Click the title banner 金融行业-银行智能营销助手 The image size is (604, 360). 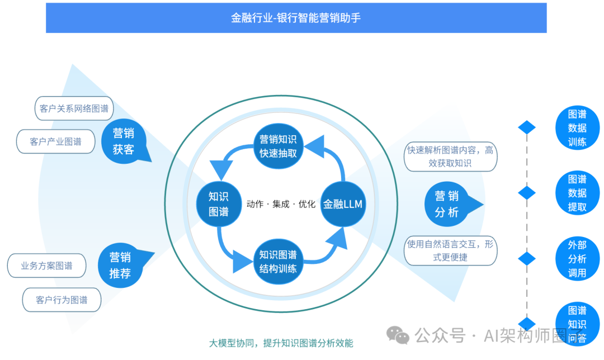point(296,18)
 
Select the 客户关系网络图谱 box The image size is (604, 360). point(74,108)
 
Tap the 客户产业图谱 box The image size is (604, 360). point(55,141)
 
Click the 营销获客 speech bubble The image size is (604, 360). point(124,141)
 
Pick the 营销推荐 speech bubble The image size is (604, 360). point(120,265)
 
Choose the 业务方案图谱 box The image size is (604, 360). point(46,266)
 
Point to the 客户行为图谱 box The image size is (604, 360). point(62,300)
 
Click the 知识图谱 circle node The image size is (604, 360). point(219,203)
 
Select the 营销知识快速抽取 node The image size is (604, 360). point(278,145)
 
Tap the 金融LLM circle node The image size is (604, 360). point(343,204)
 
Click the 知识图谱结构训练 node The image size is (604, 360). point(278,261)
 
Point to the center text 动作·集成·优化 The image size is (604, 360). point(281,204)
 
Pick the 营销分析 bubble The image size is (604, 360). point(447,203)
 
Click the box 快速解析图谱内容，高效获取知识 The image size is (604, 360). point(450,157)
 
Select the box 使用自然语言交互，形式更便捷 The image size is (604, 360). point(450,250)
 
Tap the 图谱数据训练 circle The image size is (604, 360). point(577,127)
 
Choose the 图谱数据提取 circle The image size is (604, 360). point(577,193)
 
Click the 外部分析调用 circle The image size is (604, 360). point(577,258)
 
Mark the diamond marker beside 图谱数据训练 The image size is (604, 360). point(527,127)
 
